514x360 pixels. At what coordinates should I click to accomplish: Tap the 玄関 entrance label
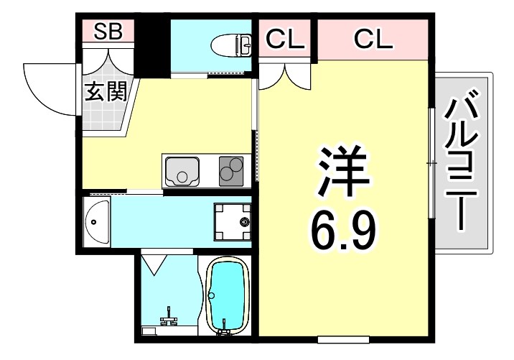click(106, 91)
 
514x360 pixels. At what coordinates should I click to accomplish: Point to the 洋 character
click(343, 172)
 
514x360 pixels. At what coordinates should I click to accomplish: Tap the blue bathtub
click(227, 296)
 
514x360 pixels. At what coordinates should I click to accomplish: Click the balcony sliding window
click(431, 164)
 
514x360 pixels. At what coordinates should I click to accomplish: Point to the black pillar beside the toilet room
click(151, 45)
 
